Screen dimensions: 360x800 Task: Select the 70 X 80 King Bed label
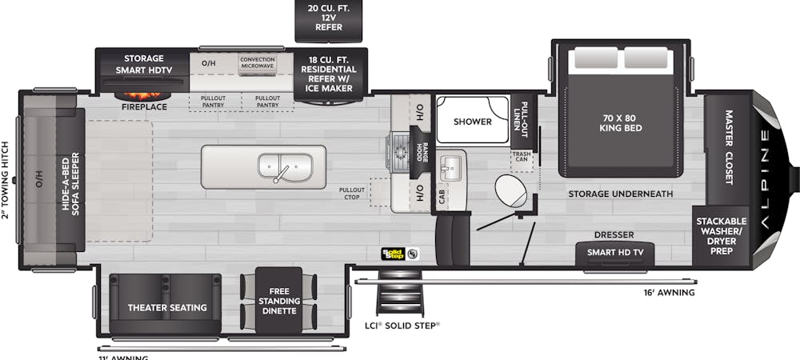pyautogui.click(x=623, y=122)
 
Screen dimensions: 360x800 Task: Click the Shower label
pyautogui.click(x=472, y=122)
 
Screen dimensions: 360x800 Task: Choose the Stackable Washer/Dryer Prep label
pyautogui.click(x=720, y=237)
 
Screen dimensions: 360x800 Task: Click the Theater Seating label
pyautogui.click(x=167, y=307)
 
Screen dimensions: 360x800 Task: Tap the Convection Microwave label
pyautogui.click(x=257, y=62)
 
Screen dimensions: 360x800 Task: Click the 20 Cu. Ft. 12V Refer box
pyautogui.click(x=330, y=18)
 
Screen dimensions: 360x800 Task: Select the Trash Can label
pyautogui.click(x=522, y=157)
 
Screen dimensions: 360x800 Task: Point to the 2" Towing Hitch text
pyautogui.click(x=6, y=179)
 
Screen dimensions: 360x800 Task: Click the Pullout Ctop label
pyautogui.click(x=352, y=193)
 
